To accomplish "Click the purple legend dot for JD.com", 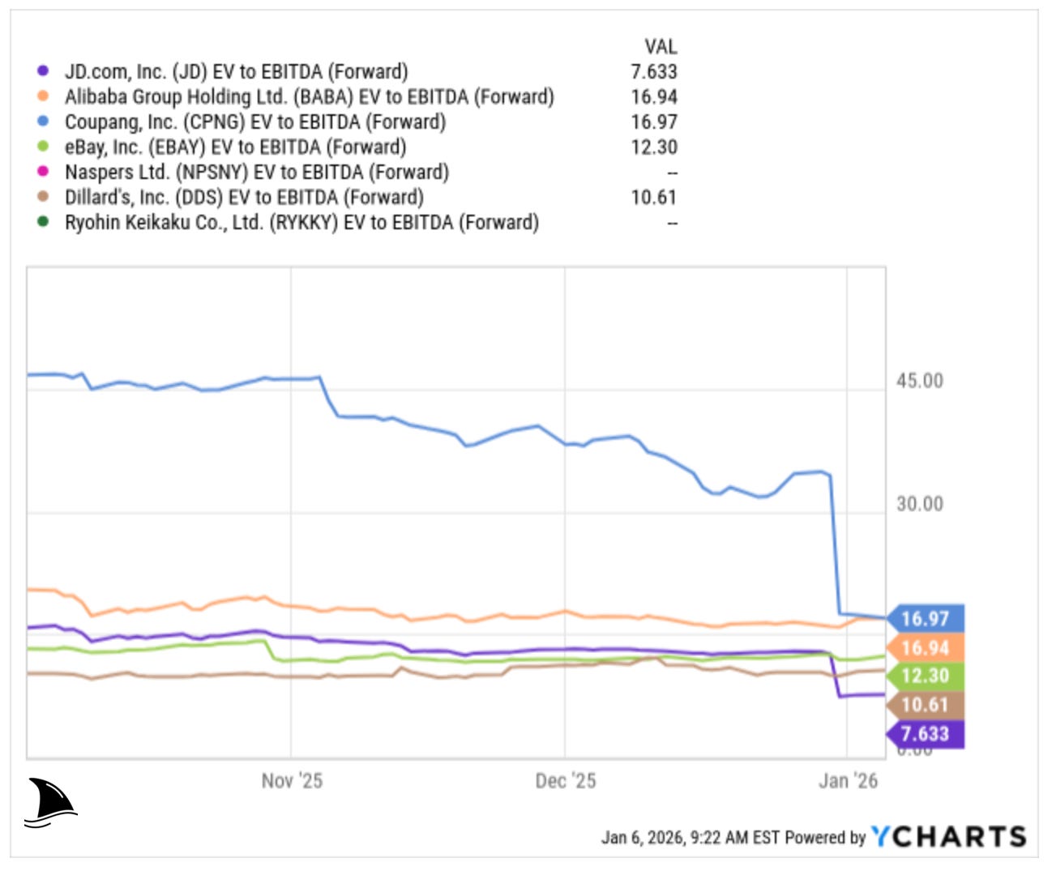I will click(43, 71).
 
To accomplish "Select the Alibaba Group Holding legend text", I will click(309, 96).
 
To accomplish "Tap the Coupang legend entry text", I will click(254, 122).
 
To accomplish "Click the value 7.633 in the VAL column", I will click(653, 71).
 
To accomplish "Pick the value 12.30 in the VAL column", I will click(653, 147).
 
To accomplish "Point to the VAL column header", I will click(661, 46).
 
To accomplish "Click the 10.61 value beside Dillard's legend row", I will click(653, 197).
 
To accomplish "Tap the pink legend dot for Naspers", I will click(43, 172).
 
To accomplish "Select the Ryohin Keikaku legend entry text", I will click(301, 222).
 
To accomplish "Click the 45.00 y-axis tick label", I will click(919, 381).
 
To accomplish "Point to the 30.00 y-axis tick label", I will click(919, 504).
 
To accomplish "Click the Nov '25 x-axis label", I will click(292, 781).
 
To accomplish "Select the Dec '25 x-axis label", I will click(565, 781).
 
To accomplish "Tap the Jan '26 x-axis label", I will click(848, 781).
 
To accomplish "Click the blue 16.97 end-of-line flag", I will click(926, 619).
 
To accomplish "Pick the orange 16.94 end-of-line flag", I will click(926, 647).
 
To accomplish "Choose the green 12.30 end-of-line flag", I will click(926, 676).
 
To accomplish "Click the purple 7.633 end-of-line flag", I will click(926, 734).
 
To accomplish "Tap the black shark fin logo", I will click(50, 803).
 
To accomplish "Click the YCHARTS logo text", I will click(948, 836).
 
